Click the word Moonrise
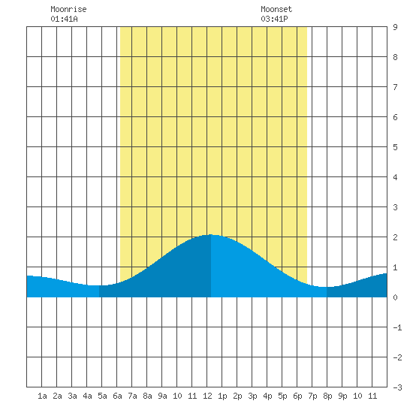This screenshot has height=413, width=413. point(68,9)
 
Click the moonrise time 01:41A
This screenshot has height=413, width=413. point(64,19)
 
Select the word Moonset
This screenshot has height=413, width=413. point(276,9)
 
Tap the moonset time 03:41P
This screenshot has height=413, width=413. point(274,19)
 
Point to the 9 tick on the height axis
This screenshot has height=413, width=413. point(395,27)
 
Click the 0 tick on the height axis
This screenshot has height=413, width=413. point(395,297)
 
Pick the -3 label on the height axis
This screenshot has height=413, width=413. point(397,387)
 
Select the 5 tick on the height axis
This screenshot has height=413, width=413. point(395,147)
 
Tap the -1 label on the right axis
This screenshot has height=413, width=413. point(397,327)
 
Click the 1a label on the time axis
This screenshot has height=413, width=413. point(42,396)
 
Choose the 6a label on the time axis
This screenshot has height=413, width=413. point(117,396)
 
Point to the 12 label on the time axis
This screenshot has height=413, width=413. point(207,396)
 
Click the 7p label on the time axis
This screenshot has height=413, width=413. point(312,396)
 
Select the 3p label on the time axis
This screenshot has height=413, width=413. point(252,396)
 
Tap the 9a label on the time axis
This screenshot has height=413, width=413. point(162,396)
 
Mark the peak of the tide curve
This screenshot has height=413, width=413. point(211,234)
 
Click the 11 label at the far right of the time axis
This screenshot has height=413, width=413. point(372,396)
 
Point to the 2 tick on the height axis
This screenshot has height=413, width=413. point(395,237)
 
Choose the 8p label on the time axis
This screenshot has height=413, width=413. point(327,396)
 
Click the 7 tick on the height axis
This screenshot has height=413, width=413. point(395,87)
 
